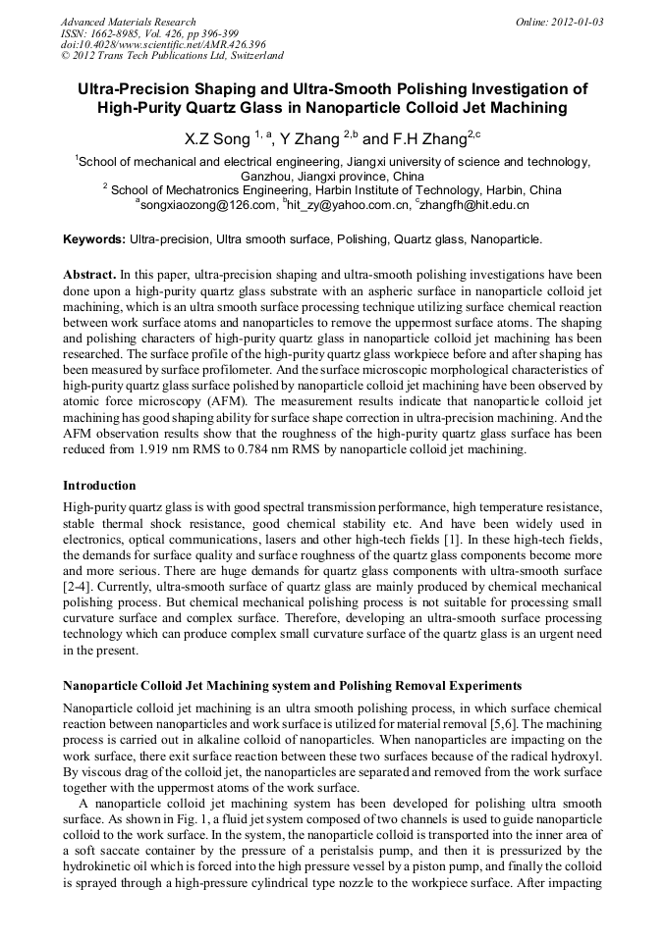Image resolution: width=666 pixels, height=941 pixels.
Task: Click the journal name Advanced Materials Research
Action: tap(128, 22)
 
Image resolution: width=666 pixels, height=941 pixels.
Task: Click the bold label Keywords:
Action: tap(94, 238)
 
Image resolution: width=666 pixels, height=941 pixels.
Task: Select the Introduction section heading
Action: tap(99, 486)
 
